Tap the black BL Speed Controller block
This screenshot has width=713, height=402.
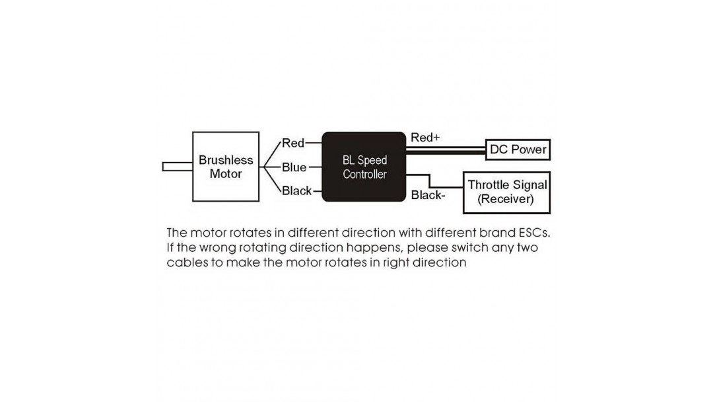[x=364, y=167]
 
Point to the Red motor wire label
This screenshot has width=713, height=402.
[x=293, y=143]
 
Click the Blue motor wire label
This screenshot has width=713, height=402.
[x=294, y=167]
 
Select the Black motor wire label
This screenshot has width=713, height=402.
[x=296, y=191]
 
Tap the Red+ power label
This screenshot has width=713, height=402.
[x=425, y=138]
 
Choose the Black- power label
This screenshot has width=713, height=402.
[x=428, y=195]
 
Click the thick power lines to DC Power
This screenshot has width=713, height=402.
[x=446, y=150]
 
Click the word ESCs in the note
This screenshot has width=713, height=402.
[x=534, y=233]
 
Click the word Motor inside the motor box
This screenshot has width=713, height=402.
[x=226, y=174]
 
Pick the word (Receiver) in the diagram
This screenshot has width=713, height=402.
[x=506, y=199]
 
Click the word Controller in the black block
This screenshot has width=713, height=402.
[x=364, y=175]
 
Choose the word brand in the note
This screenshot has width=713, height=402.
[x=498, y=233]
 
